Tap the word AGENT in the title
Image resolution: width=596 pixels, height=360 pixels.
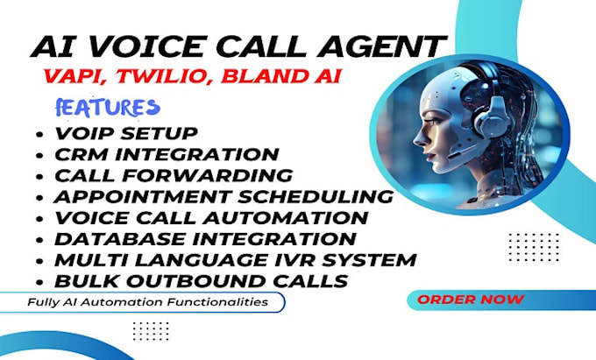point(385,46)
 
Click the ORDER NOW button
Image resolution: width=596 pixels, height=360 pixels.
point(471,300)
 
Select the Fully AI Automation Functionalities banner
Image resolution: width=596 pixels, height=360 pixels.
point(145,302)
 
